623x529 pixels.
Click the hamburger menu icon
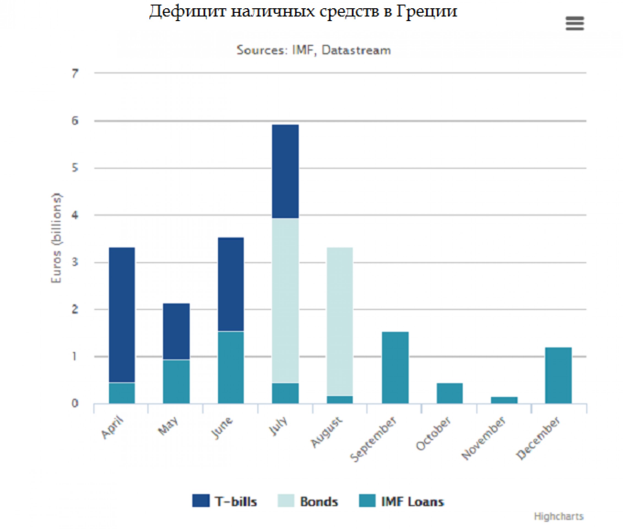click(575, 24)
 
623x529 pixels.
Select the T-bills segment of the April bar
click(122, 315)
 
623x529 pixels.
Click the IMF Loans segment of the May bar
click(176, 381)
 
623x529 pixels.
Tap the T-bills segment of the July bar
click(285, 171)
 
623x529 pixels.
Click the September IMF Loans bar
click(395, 367)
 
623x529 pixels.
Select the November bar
click(504, 400)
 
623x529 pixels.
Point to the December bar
click(558, 375)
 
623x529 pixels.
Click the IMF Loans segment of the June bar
click(231, 367)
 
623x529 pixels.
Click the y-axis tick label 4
click(75, 215)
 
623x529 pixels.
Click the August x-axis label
click(326, 432)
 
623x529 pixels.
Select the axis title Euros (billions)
click(56, 238)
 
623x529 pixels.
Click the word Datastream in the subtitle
click(356, 50)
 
